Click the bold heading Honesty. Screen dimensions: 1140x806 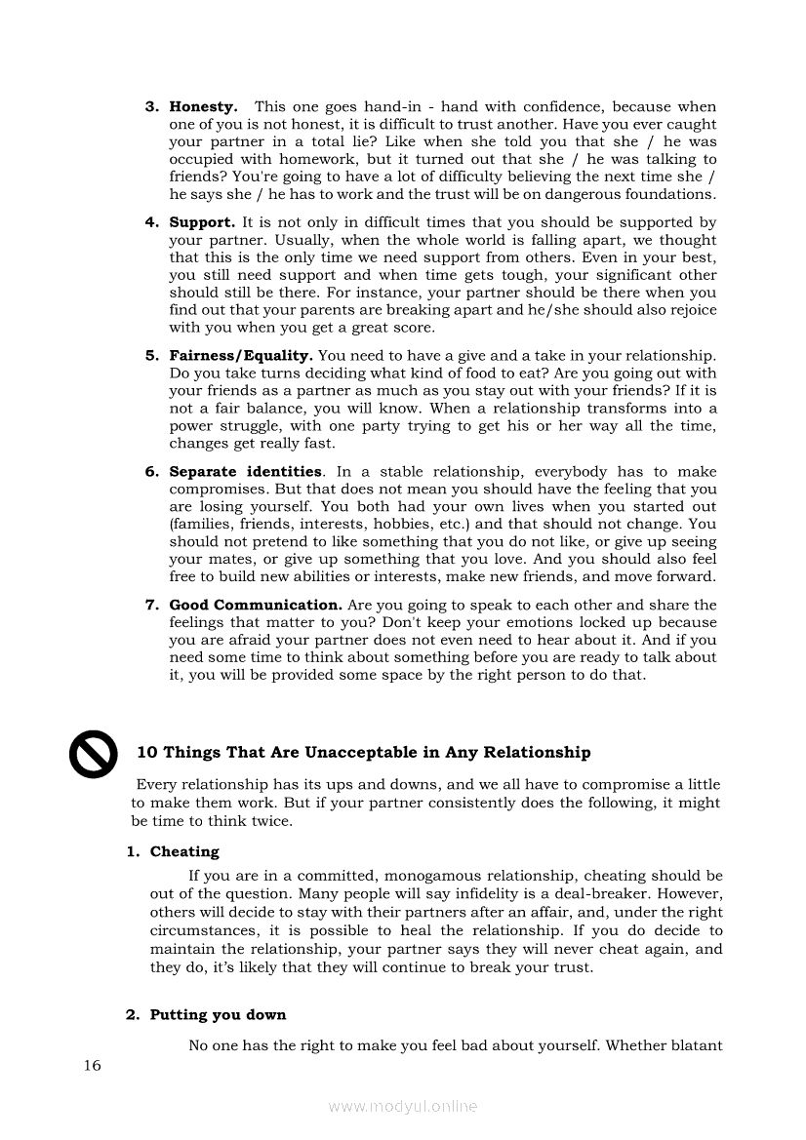203,106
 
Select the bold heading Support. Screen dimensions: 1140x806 202,222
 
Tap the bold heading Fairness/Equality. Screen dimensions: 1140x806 241,356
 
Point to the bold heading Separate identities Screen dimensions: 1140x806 245,472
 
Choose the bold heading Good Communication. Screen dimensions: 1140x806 255,605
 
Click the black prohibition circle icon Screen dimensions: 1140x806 93,755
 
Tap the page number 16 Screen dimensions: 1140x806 92,1065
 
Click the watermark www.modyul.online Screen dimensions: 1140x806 403,1107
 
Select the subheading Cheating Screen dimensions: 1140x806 184,851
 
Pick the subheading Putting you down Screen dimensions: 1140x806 218,1015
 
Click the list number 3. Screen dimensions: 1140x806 151,106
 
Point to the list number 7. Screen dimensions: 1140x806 151,605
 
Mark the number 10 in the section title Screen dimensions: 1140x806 147,752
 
